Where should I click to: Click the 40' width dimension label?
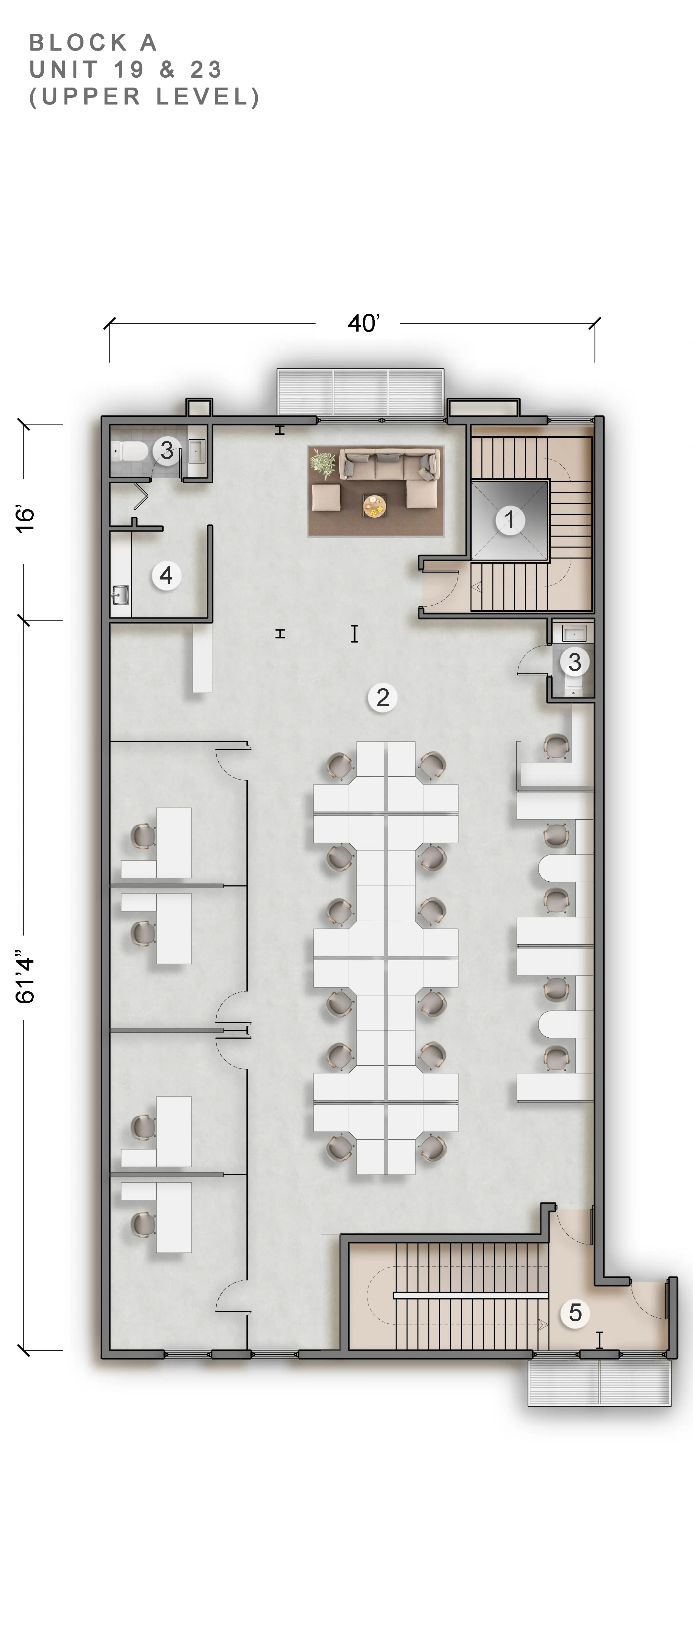(x=364, y=323)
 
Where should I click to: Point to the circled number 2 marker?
(x=382, y=698)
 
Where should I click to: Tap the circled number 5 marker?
(x=575, y=1313)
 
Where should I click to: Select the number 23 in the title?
(x=206, y=69)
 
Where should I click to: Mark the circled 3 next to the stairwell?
(x=575, y=662)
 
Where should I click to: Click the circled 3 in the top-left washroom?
(x=167, y=450)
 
